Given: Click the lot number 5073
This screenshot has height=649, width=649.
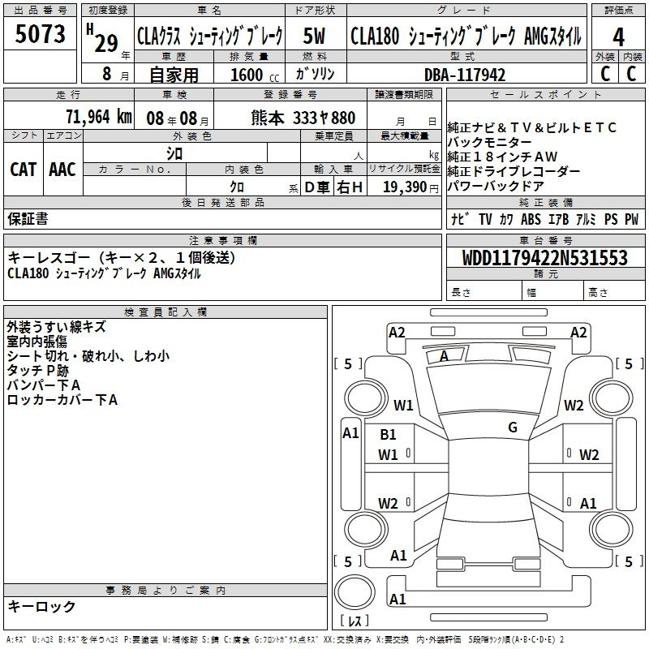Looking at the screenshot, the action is [40, 33].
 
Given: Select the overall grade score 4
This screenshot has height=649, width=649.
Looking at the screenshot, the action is [618, 37].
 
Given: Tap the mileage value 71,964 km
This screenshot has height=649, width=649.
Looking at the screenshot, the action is [99, 117].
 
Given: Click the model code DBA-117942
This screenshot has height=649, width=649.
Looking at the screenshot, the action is [465, 75].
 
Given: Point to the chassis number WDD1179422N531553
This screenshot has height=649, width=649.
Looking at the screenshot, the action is [544, 257].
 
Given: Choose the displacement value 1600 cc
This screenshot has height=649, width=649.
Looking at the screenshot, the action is [255, 75].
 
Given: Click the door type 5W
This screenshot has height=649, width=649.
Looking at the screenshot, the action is [314, 36].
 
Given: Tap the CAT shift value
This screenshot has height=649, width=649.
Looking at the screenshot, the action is [24, 170].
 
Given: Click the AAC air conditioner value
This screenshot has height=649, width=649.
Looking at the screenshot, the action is [62, 170].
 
